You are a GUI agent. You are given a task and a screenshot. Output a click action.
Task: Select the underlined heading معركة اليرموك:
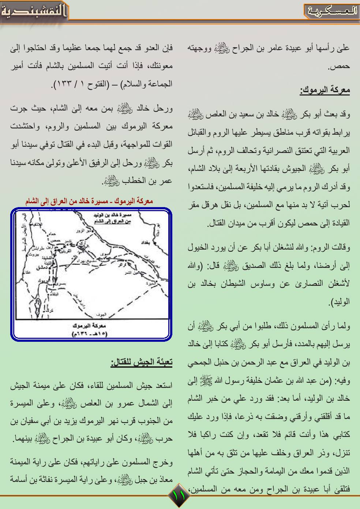tap(325, 90)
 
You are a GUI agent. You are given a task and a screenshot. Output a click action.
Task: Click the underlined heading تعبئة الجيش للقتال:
tap(142, 363)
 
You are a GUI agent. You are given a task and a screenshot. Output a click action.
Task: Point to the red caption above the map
tap(89, 201)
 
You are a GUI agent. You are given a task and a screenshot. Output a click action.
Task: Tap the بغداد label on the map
tap(138, 243)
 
